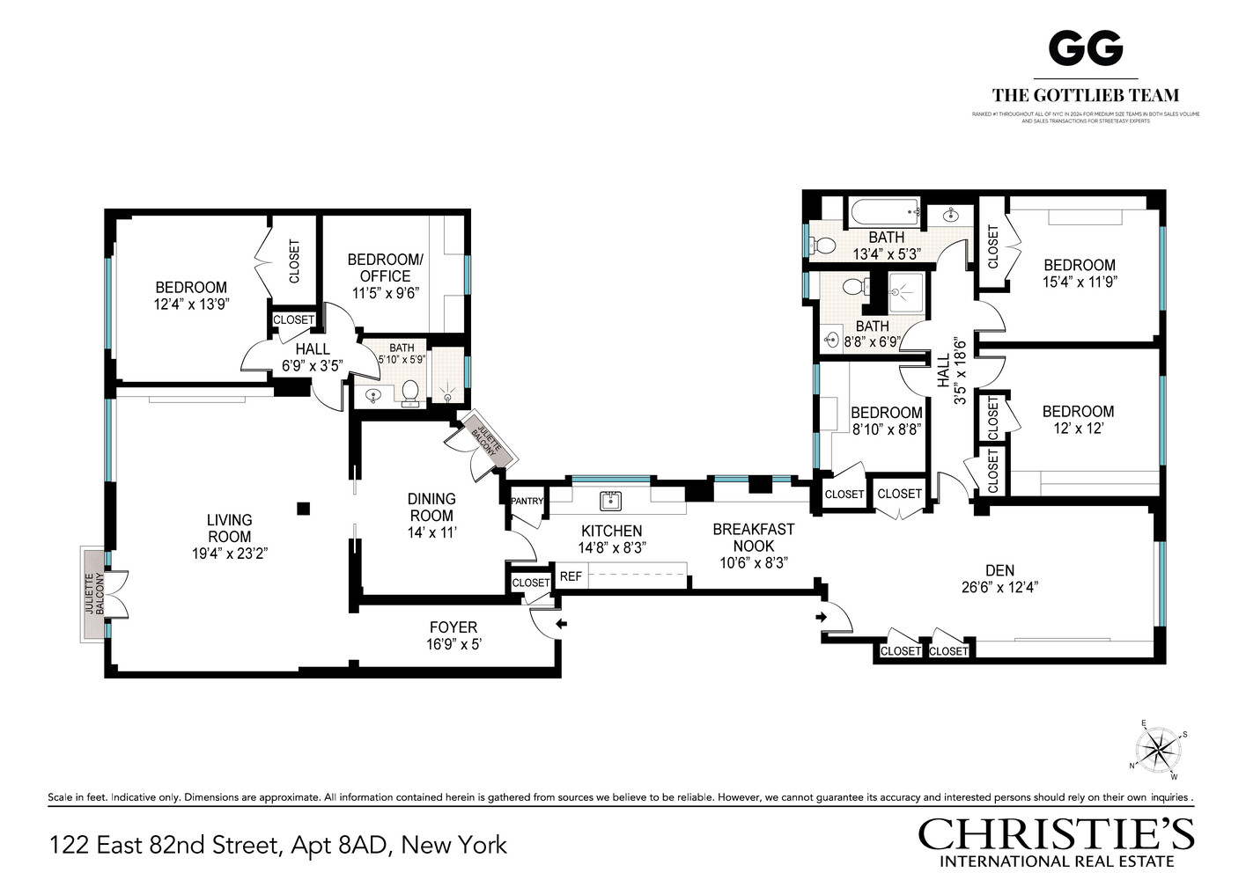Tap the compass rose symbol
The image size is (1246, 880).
coord(1159,751)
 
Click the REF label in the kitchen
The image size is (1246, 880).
coord(571,576)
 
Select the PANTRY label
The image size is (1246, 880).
coord(527,501)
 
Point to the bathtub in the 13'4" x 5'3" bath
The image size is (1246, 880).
coord(883,211)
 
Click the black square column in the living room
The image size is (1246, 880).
coord(303,508)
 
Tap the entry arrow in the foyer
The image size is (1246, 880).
coord(561,624)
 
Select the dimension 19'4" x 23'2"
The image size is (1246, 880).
coord(229,554)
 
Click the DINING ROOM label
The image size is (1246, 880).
coord(431,507)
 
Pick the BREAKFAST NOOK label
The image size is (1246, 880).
coord(753,538)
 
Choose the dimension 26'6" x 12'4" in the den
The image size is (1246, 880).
coord(999,588)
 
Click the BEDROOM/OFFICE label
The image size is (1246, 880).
coord(385,268)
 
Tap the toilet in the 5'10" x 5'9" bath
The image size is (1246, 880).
coord(409,391)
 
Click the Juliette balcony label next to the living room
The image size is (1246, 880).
coord(93,594)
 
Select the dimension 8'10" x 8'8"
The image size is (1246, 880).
coord(886,429)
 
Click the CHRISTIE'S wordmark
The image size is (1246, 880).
coord(1056,833)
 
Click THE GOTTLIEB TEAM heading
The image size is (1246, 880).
coord(1086,95)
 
